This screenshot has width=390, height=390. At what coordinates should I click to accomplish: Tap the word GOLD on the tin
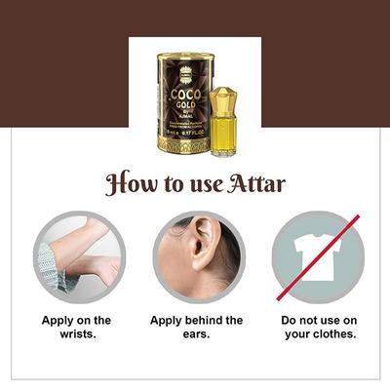[183, 108]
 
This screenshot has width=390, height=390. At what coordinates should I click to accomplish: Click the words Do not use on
[318, 320]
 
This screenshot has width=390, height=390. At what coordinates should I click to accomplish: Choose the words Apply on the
[76, 320]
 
